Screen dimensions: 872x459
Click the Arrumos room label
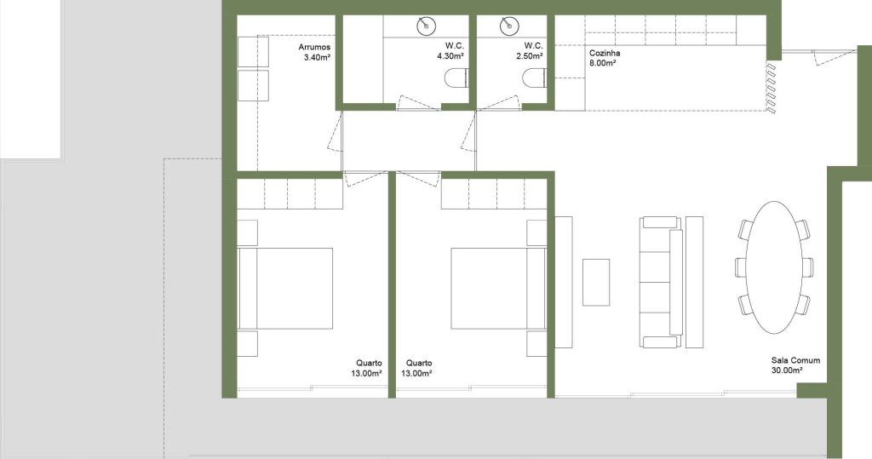coord(314,48)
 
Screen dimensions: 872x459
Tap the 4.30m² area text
coord(450,56)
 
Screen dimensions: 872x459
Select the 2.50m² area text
coord(530,56)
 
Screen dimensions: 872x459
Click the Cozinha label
coord(605,54)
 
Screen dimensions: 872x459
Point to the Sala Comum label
coord(795,360)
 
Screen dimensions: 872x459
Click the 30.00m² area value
coord(787,370)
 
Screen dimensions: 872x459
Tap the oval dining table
coord(774,267)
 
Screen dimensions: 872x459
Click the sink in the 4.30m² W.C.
coord(427,26)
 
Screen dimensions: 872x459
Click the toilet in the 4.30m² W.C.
coord(457,78)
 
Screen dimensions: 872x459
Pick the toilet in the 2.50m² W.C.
coord(535,78)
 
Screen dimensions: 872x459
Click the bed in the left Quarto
coord(285,288)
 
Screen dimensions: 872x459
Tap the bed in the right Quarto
coord(498,288)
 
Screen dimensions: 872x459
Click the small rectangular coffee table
coord(596,282)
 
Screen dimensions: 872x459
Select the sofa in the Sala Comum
coord(661,282)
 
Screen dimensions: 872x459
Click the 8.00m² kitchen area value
coord(602,63)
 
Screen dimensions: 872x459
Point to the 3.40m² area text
coord(318,57)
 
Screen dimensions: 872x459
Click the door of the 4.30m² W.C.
coord(419,102)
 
